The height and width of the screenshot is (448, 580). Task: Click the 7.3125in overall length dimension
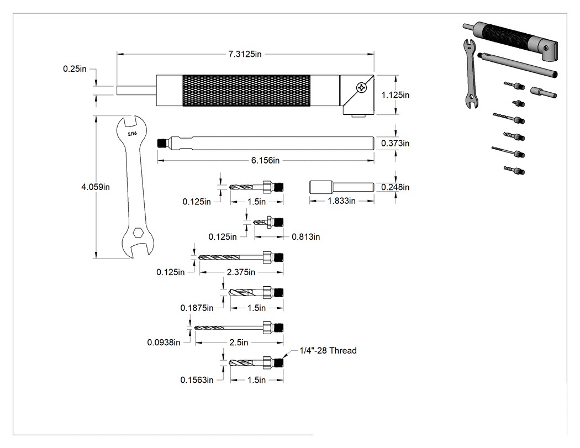[245, 54]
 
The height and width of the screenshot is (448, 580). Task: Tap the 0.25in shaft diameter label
[75, 69]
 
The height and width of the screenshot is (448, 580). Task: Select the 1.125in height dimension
[396, 95]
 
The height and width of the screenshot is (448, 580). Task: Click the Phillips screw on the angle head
[361, 88]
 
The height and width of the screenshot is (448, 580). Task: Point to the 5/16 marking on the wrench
[132, 134]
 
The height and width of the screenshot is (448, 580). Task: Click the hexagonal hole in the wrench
[138, 233]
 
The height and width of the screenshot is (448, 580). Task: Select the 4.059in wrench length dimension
[96, 187]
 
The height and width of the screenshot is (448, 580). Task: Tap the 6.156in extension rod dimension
[265, 161]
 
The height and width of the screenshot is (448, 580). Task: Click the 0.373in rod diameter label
[396, 144]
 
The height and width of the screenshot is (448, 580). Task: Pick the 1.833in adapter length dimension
[341, 201]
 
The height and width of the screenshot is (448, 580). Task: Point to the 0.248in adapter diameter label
[396, 187]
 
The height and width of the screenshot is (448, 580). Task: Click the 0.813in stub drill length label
[306, 237]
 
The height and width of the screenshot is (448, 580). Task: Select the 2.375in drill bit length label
[241, 272]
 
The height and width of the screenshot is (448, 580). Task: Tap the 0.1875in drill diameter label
[197, 308]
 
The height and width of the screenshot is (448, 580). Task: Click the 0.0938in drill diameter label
[164, 342]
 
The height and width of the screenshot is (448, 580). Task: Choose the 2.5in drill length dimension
[239, 342]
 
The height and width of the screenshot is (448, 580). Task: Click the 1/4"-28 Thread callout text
[328, 351]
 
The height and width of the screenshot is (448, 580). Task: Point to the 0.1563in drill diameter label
[197, 380]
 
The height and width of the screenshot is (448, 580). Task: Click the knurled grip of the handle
[246, 90]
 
